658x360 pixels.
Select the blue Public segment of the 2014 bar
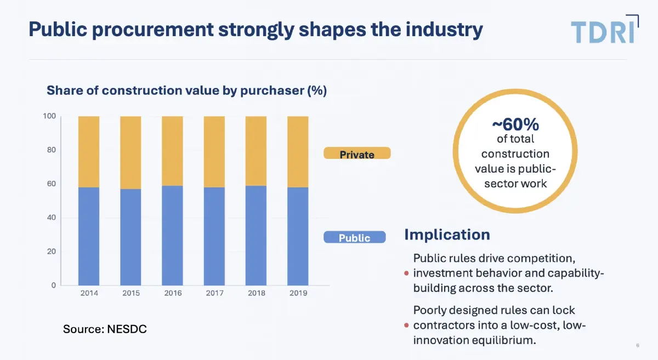point(89,236)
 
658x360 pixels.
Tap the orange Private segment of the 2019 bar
point(298,152)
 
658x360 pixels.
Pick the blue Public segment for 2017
point(214,236)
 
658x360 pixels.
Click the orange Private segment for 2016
point(172,151)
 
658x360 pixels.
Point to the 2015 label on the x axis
point(131,293)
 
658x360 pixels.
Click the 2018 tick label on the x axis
point(256,293)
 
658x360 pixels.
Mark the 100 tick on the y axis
point(49,116)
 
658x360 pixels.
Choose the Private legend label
point(357,154)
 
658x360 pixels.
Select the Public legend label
point(355,238)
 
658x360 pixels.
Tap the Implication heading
point(447,235)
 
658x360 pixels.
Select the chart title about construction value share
point(186,90)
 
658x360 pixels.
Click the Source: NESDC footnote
point(105,329)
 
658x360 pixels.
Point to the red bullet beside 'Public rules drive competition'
point(406,273)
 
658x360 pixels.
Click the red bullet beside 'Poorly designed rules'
point(406,325)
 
